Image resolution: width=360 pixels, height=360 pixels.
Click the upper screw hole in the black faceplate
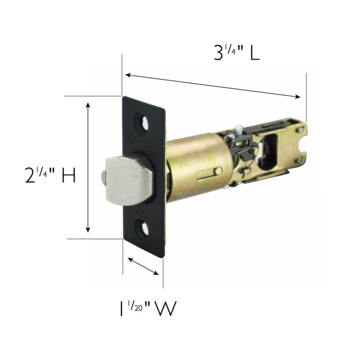145,123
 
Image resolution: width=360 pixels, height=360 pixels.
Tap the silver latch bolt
126,175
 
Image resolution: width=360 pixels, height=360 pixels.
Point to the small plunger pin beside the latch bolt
103,175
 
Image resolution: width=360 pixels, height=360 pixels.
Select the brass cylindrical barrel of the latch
198,166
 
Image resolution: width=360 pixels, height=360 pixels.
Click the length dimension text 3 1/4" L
236,54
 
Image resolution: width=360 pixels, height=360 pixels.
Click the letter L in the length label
254,54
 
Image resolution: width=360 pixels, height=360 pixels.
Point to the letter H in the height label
68,175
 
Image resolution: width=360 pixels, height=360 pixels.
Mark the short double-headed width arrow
143,266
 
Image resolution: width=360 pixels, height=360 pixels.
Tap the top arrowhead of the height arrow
88,105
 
